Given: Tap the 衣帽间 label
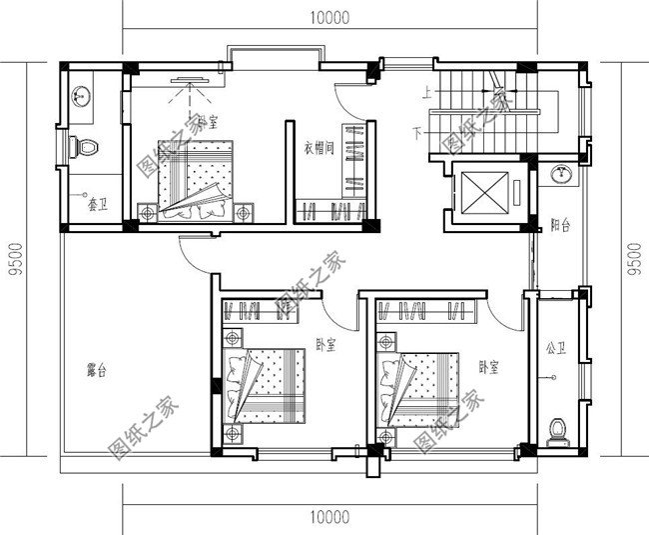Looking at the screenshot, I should (319, 148).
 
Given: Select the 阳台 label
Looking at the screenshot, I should (560, 227).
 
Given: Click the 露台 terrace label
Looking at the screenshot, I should (96, 371).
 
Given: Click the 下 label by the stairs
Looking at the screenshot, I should (417, 132).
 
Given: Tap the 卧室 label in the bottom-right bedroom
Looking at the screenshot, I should (488, 366).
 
